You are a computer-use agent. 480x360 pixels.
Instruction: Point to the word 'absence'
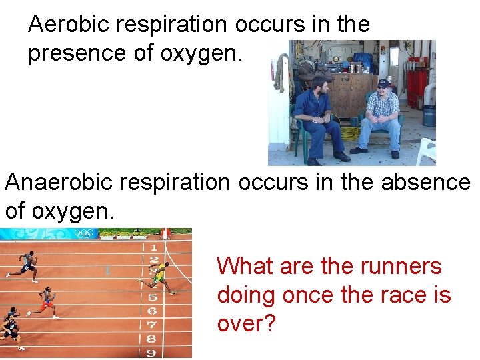click(x=426, y=181)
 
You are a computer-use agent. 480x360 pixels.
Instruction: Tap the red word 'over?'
click(x=246, y=323)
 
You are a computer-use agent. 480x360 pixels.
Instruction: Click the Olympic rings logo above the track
click(x=84, y=233)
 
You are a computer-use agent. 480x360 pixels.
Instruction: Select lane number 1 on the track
click(x=154, y=248)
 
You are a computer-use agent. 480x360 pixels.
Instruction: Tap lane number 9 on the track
click(x=152, y=352)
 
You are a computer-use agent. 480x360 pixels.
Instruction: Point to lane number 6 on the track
click(x=153, y=311)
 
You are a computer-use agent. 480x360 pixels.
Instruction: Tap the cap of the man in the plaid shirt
click(x=383, y=84)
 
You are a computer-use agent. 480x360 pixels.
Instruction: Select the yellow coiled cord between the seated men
click(x=350, y=132)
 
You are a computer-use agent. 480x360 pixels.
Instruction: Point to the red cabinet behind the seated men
click(x=417, y=87)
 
